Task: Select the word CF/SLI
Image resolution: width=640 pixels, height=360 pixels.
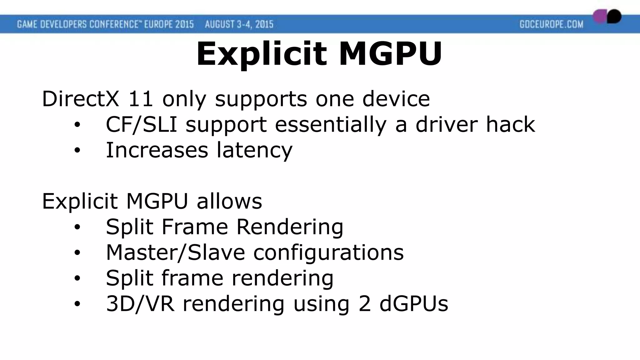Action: [141, 125]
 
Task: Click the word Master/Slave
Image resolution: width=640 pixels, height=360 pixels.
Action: [175, 252]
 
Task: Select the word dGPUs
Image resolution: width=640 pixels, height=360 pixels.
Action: [414, 304]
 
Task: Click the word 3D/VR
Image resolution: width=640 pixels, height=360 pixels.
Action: [140, 304]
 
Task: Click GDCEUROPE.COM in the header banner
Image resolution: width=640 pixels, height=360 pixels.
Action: [552, 24]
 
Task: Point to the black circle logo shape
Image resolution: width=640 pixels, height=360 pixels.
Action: [614, 16]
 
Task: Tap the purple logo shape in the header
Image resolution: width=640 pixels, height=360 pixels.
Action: [600, 17]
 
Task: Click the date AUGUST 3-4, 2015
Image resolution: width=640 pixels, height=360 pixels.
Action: [239, 24]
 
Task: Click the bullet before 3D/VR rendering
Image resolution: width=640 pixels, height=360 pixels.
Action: [77, 304]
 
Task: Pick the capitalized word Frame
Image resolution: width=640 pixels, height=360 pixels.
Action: [194, 227]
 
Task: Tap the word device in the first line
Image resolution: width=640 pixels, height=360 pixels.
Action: [396, 99]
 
